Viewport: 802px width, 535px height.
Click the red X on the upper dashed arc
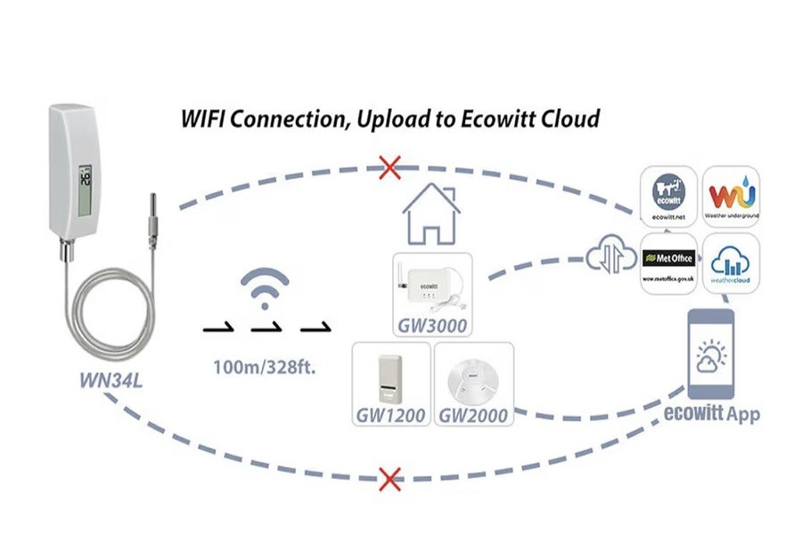389,166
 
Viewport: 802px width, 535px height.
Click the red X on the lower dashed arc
389,480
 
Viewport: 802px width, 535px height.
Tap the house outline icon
431,216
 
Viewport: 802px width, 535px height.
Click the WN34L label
110,383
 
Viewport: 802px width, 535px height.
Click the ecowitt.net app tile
669,195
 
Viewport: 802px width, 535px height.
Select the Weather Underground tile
731,195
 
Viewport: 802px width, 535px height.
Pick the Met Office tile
669,263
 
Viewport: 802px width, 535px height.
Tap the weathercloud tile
731,263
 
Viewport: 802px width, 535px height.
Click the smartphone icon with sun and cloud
710,354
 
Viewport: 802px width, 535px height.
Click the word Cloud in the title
572,118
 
